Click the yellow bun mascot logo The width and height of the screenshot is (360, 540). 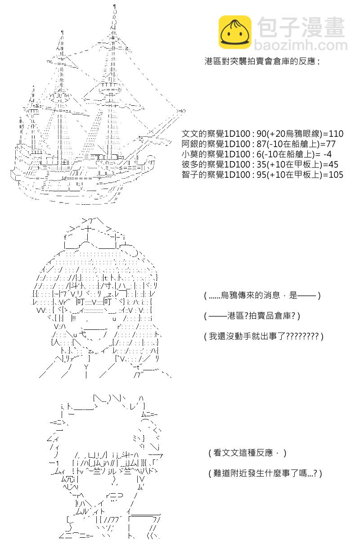[234, 32]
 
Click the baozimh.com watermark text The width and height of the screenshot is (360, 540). [301, 45]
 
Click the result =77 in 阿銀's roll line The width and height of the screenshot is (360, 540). [328, 144]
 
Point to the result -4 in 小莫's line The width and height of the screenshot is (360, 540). [328, 154]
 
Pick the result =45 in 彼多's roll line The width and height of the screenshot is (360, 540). [331, 164]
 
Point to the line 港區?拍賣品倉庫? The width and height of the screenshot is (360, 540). [252, 315]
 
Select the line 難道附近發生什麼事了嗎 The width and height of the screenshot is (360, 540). [265, 473]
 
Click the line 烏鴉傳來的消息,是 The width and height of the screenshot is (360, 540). [262, 295]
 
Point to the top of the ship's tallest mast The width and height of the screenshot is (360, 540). [115, 6]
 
